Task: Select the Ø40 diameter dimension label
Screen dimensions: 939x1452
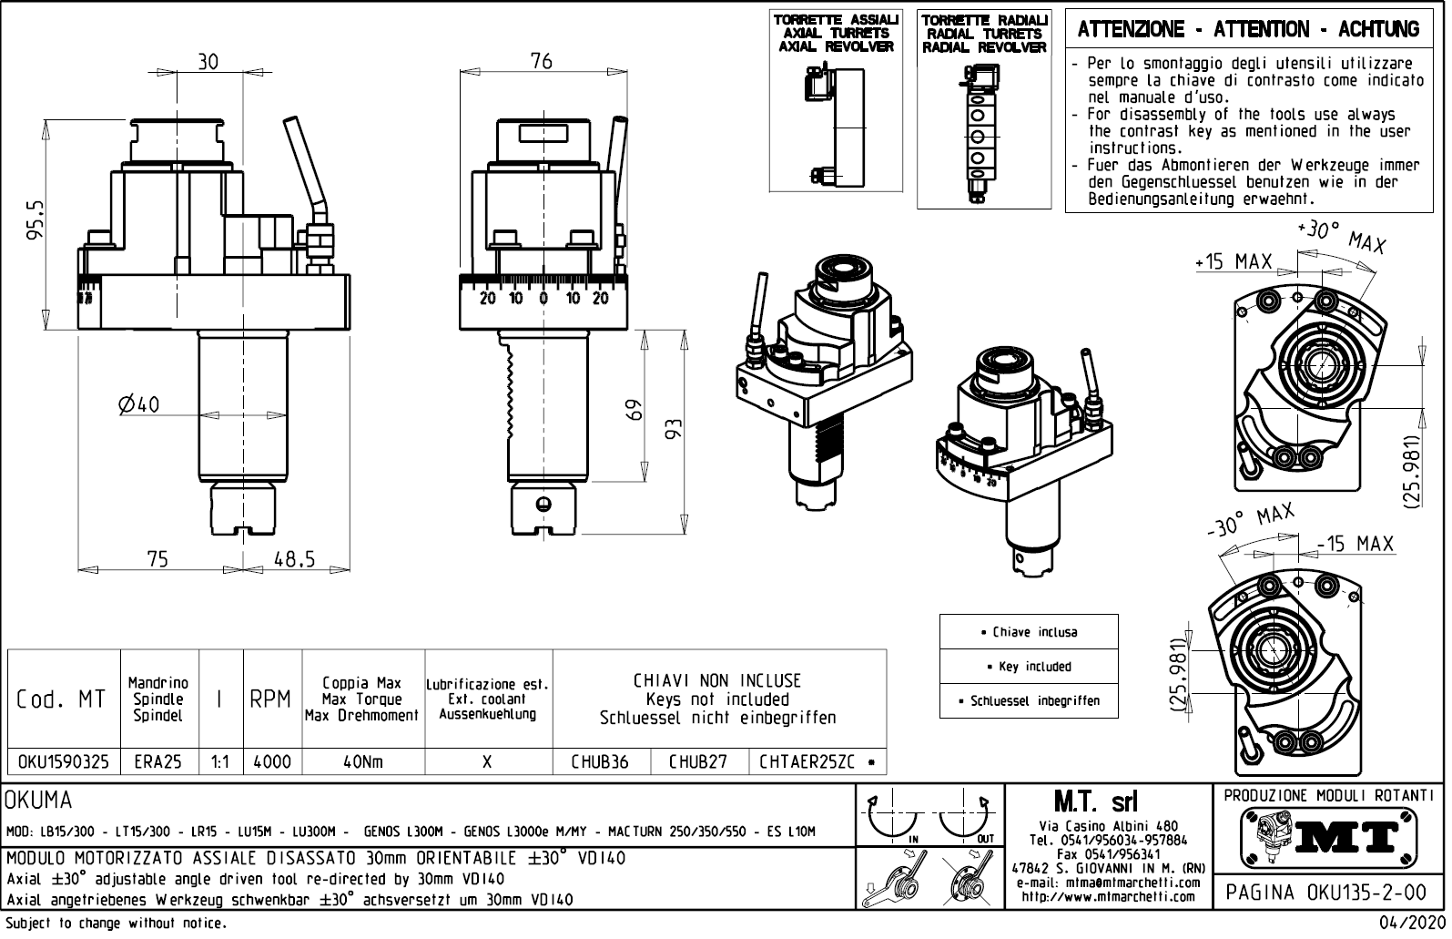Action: pos(138,404)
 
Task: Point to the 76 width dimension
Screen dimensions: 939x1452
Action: pos(541,61)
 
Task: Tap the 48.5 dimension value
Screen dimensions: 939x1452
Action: pos(294,559)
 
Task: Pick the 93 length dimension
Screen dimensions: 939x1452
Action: pos(675,429)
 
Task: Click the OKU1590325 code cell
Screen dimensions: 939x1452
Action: pos(64,761)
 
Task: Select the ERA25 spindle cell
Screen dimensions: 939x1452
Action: pos(158,761)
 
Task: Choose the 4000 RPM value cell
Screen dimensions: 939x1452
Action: pos(271,761)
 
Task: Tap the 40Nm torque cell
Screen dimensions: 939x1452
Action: pos(362,761)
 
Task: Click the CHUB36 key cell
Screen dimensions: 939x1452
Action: pos(600,761)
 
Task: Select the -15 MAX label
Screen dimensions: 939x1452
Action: pos(1355,544)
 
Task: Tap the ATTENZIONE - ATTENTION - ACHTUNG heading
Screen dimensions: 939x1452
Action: pos(1248,30)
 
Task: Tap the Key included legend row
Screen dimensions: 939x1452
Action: pos(1029,667)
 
